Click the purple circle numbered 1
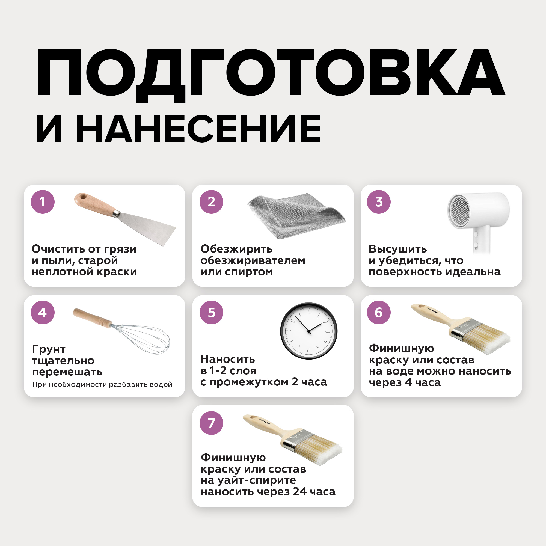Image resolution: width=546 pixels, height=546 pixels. pyautogui.click(x=43, y=202)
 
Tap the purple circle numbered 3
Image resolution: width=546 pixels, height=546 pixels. pyautogui.click(x=379, y=202)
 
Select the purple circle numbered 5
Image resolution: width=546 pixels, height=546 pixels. pyautogui.click(x=211, y=313)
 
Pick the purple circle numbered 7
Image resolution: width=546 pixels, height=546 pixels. pyautogui.click(x=211, y=423)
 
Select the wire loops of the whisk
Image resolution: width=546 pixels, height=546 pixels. pyautogui.click(x=141, y=339)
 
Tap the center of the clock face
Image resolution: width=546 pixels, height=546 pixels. pyautogui.click(x=309, y=331)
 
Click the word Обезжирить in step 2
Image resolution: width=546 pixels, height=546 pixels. pyautogui.click(x=236, y=249)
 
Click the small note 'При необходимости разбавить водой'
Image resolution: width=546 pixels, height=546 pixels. pyautogui.click(x=102, y=384)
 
